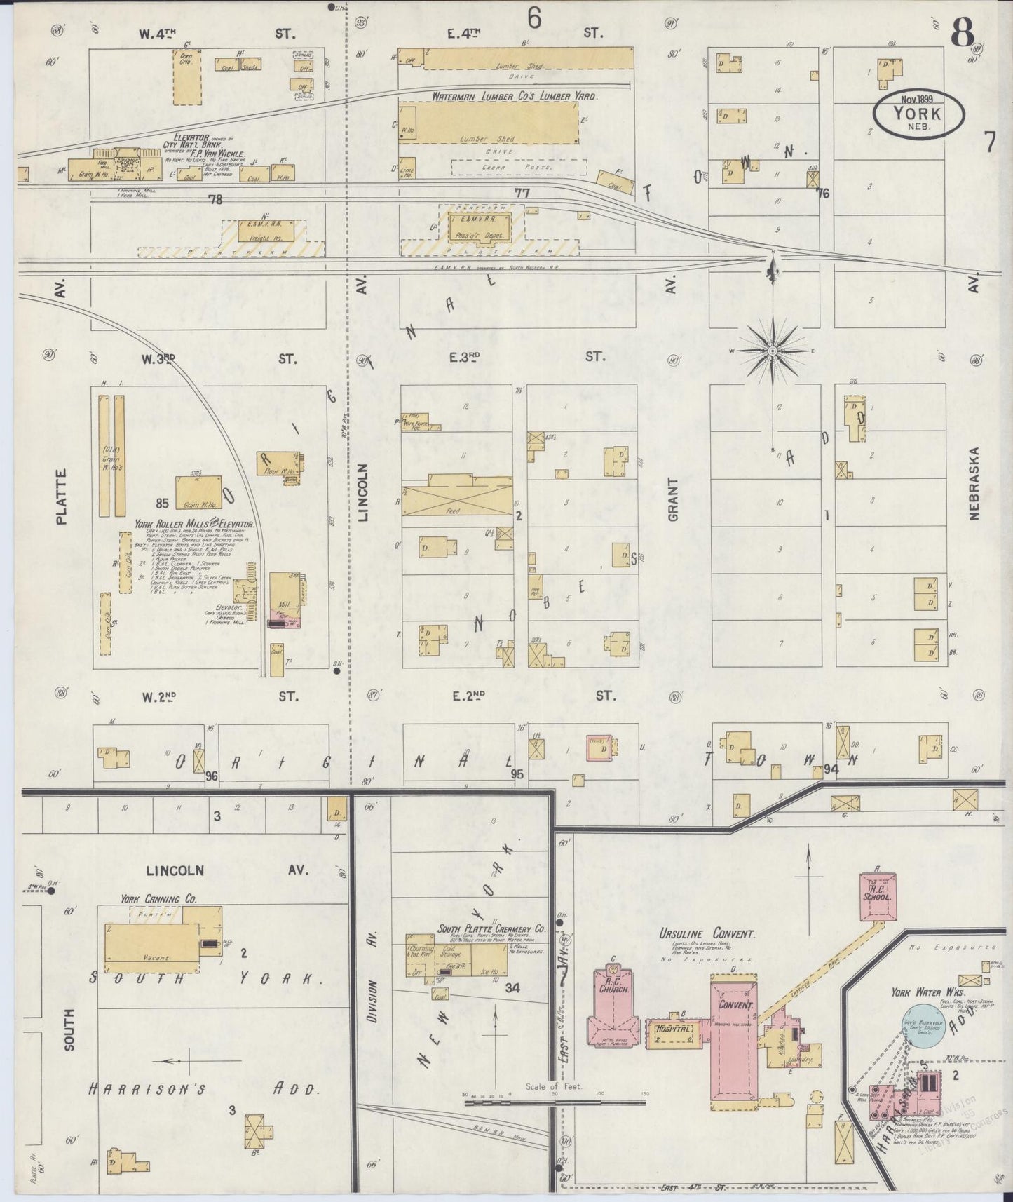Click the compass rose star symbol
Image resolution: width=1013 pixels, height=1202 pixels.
[772, 349]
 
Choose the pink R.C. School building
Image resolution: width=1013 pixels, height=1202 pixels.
[876, 897]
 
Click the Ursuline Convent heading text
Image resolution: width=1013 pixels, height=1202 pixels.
[707, 934]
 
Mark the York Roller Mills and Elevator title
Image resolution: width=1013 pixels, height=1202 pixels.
[195, 524]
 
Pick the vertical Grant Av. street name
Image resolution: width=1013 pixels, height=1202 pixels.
[674, 499]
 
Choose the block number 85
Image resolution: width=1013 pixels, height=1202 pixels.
[163, 502]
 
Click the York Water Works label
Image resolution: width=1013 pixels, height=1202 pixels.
[919, 992]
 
